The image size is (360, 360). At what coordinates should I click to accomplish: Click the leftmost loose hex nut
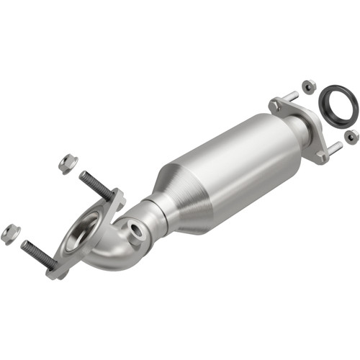tap(10, 233)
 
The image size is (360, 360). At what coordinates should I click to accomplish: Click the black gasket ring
tap(338, 104)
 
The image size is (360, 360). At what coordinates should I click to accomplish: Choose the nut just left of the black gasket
tap(308, 86)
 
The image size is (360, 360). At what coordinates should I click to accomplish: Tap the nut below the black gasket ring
tap(351, 136)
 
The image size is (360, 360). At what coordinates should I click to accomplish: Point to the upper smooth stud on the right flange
tap(290, 96)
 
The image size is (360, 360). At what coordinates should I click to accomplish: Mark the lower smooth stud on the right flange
tap(334, 148)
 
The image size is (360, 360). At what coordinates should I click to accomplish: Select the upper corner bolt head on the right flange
tap(275, 105)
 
